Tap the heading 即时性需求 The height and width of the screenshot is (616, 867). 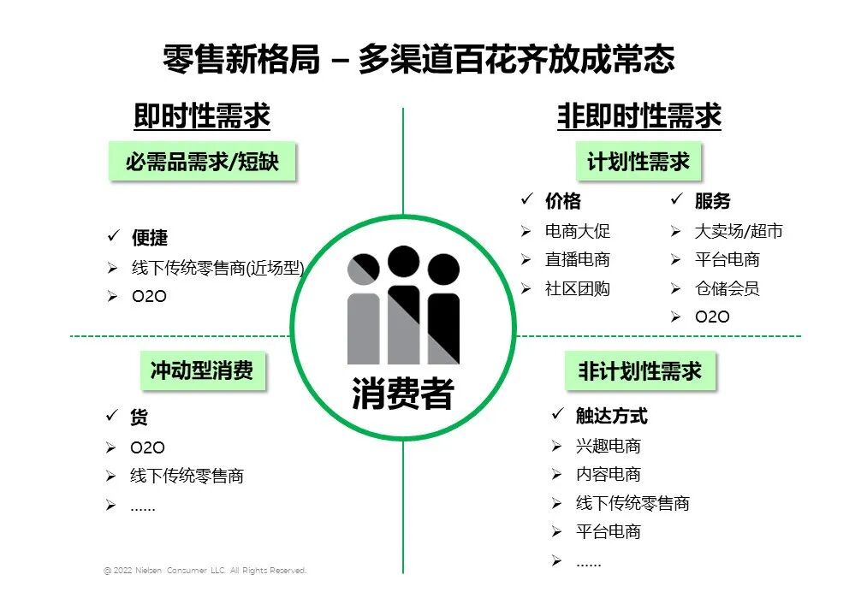coord(202,115)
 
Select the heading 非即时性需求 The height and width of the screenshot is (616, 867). coord(639,115)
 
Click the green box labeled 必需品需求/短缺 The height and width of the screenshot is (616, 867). coord(202,161)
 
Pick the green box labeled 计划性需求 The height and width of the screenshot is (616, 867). coord(638,161)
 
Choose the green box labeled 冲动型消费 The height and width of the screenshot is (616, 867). coord(202,370)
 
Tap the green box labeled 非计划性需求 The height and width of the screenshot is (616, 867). coord(639,370)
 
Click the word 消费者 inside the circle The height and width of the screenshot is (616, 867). coord(402,394)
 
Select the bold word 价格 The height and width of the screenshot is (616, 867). coord(563,202)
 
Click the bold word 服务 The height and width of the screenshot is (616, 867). coord(712,202)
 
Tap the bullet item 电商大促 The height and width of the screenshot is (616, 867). coord(578,231)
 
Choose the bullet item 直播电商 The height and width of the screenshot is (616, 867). coord(578,260)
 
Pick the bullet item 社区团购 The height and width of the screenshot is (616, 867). coord(578,289)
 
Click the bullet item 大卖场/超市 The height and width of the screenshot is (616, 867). coord(739,231)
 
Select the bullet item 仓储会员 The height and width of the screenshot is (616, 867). coord(727,289)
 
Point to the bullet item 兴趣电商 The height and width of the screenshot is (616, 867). coord(608,446)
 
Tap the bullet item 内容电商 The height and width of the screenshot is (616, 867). coord(608,475)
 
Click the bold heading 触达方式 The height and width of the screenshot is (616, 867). coord(611,417)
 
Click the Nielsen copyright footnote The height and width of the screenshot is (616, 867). coord(205,571)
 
